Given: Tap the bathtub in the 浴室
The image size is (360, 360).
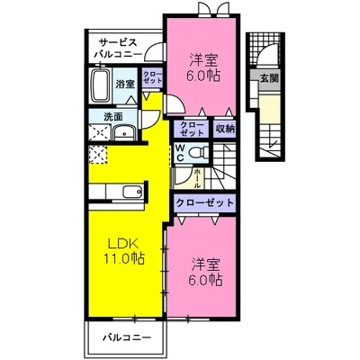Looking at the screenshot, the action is [x=100, y=85].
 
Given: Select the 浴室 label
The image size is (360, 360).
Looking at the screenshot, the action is [x=125, y=85].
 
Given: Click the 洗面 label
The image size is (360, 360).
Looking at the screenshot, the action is [x=112, y=116].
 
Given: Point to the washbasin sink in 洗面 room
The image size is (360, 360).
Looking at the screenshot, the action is [x=124, y=133].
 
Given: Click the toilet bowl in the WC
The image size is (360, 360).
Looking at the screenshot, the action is [x=199, y=152].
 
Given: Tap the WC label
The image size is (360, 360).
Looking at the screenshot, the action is [x=180, y=153].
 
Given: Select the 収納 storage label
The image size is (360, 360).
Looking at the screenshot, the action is [x=225, y=130].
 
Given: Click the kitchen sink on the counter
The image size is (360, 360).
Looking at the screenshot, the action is [x=132, y=191].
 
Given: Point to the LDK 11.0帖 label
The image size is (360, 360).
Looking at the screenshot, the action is [x=123, y=251].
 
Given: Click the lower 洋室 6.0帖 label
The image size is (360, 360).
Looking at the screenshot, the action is [x=205, y=273].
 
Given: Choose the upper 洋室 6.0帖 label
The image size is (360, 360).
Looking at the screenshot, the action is [x=203, y=67].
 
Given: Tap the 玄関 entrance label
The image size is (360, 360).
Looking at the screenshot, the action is [x=269, y=78].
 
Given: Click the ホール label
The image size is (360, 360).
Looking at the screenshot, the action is [x=197, y=178].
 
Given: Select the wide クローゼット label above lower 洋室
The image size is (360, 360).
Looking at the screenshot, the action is [x=204, y=202].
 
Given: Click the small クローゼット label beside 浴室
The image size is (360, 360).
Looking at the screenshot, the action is [x=152, y=77].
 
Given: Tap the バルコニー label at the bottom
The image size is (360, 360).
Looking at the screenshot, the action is [x=127, y=338].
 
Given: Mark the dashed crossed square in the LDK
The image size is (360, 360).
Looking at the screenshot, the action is [x=97, y=154].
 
